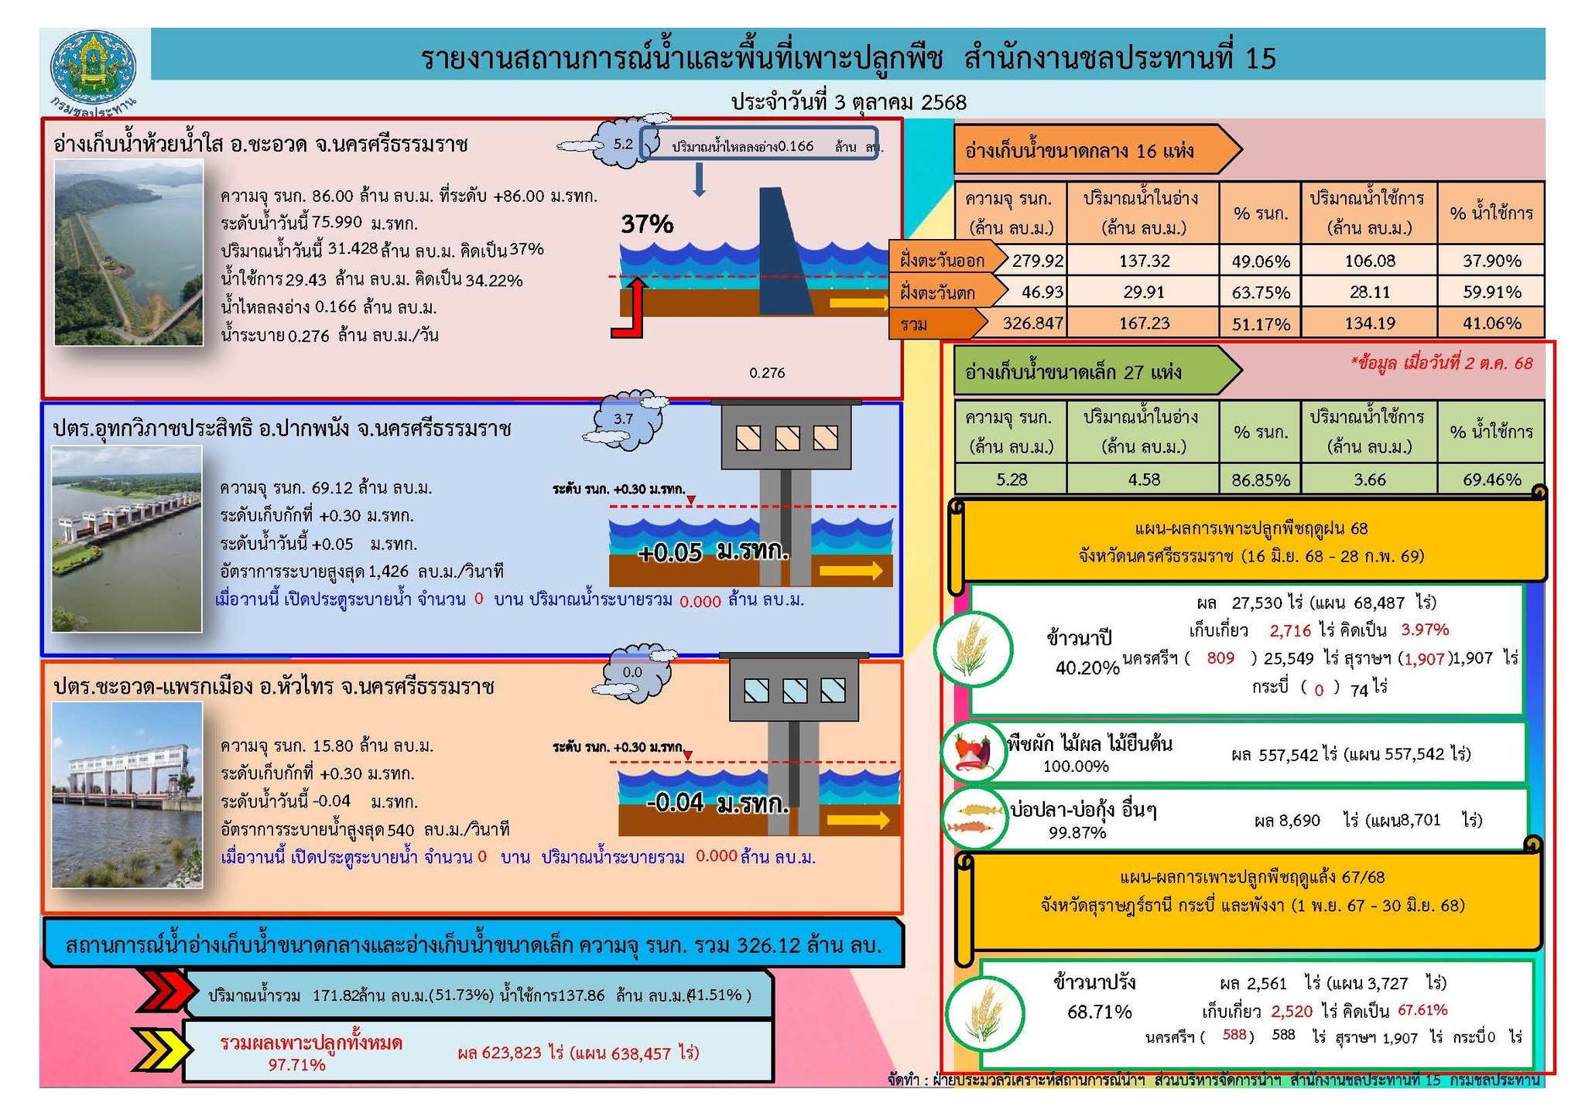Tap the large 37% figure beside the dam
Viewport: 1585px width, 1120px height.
[647, 224]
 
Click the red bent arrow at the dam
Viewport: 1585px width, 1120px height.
[628, 309]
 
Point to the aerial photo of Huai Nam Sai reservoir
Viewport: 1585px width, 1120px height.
[128, 252]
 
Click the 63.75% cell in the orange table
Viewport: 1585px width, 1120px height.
[1260, 292]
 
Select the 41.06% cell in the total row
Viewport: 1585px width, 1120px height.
[1491, 323]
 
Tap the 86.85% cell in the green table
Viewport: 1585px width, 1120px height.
[1260, 480]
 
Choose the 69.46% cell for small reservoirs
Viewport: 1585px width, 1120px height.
[1491, 480]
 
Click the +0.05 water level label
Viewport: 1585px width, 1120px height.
[670, 552]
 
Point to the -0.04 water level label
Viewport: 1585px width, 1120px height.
[675, 803]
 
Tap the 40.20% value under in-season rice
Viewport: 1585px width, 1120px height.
[1087, 668]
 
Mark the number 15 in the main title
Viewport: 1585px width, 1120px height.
[1261, 58]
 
